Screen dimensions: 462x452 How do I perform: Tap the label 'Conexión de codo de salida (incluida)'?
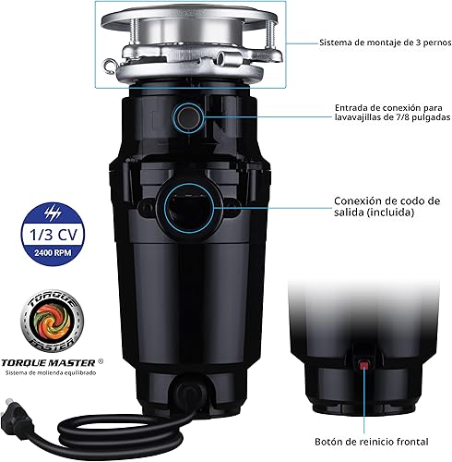[387, 204]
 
